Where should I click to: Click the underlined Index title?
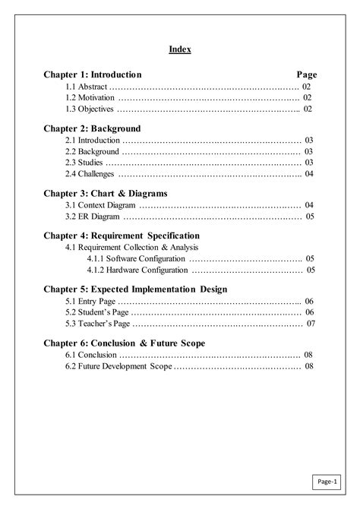pyautogui.click(x=180, y=50)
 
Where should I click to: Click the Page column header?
pyautogui.click(x=306, y=75)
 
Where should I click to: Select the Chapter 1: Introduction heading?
pyautogui.click(x=93, y=75)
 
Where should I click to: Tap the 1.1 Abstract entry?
pyautogui.click(x=85, y=87)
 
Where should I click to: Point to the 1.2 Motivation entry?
pyautogui.click(x=90, y=98)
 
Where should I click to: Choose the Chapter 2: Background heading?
pyautogui.click(x=92, y=128)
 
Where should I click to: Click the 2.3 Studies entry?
pyautogui.click(x=84, y=163)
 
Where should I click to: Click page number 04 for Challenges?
pyautogui.click(x=309, y=174)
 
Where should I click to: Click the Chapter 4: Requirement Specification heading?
pyautogui.click(x=122, y=236)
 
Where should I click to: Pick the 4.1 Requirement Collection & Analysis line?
pyautogui.click(x=131, y=248)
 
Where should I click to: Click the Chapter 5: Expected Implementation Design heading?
pyautogui.click(x=135, y=289)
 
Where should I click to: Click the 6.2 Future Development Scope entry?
pyautogui.click(x=118, y=366)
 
